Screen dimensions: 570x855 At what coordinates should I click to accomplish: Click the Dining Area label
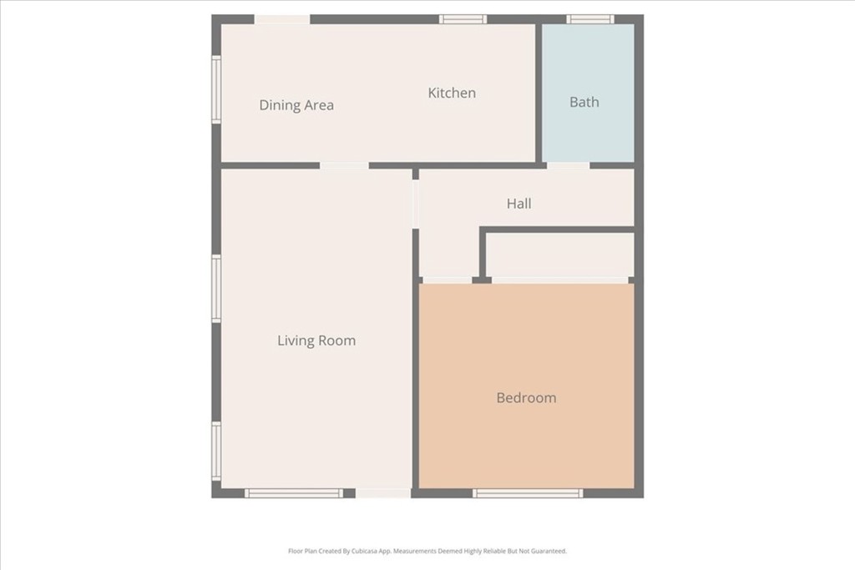[296, 105]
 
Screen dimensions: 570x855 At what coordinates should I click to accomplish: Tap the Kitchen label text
[452, 93]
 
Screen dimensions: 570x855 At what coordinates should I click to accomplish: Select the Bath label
[584, 102]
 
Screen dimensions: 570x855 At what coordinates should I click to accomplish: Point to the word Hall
[519, 203]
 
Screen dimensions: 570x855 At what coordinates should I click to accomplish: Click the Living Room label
[316, 340]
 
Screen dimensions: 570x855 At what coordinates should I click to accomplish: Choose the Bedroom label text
[526, 398]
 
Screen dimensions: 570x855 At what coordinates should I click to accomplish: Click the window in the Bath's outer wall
[590, 19]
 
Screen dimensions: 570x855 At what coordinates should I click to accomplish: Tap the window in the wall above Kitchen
[463, 19]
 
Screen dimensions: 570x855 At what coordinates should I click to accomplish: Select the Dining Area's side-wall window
[216, 89]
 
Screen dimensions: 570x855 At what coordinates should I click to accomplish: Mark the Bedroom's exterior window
[528, 493]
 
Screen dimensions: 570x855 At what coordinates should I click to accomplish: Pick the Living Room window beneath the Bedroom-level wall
[293, 493]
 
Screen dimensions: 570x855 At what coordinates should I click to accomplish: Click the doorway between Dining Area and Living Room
[344, 165]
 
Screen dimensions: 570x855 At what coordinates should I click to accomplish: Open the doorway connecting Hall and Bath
[568, 165]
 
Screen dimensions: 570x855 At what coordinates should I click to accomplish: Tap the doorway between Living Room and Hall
[415, 204]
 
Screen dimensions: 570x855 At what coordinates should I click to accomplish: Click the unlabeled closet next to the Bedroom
[560, 254]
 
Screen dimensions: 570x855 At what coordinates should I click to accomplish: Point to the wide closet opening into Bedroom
[559, 280]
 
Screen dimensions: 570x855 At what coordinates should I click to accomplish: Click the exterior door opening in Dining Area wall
[282, 19]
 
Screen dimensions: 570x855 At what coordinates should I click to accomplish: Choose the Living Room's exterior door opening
[383, 493]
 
